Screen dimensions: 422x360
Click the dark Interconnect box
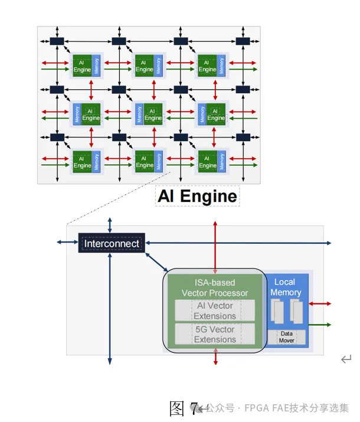[112, 243]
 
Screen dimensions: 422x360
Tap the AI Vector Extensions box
[215, 311]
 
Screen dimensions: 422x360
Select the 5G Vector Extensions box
[215, 334]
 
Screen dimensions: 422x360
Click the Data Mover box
[286, 337]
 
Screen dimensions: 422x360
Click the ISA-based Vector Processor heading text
[215, 288]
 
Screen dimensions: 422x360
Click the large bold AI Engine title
[197, 196]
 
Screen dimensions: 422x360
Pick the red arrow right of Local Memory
[320, 303]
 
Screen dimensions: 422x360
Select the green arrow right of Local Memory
[320, 324]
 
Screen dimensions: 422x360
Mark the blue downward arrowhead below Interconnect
[110, 360]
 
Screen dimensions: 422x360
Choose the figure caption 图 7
[184, 408]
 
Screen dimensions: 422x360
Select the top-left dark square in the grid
[57, 41]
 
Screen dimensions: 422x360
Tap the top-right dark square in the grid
[243, 41]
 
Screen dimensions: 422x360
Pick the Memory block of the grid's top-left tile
[97, 65]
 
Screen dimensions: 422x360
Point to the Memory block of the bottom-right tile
[221, 161]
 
